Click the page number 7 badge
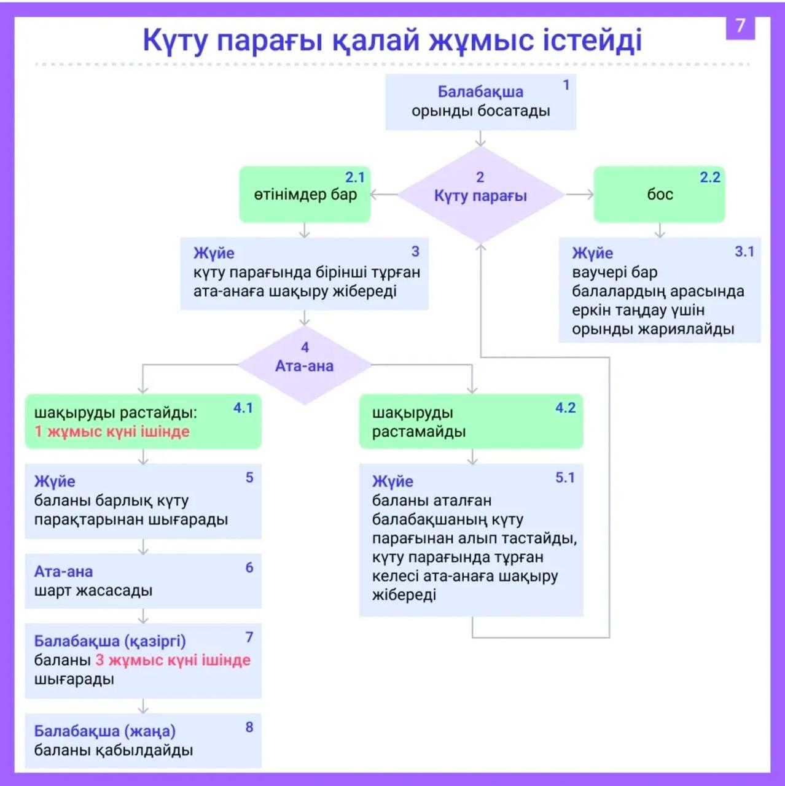[740, 26]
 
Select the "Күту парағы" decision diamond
[480, 195]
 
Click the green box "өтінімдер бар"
[305, 195]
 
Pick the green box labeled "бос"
[659, 195]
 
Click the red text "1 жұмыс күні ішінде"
[112, 432]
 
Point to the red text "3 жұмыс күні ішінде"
[173, 660]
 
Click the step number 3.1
[744, 252]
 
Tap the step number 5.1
[564, 478]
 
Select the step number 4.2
[565, 408]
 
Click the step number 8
[249, 728]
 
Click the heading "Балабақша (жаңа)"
[104, 731]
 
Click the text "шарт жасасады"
[93, 591]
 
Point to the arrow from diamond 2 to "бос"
[579, 195]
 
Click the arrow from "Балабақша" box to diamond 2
[480, 138]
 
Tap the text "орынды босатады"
[480, 111]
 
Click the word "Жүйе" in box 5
[55, 481]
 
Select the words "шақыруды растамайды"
[418, 422]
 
